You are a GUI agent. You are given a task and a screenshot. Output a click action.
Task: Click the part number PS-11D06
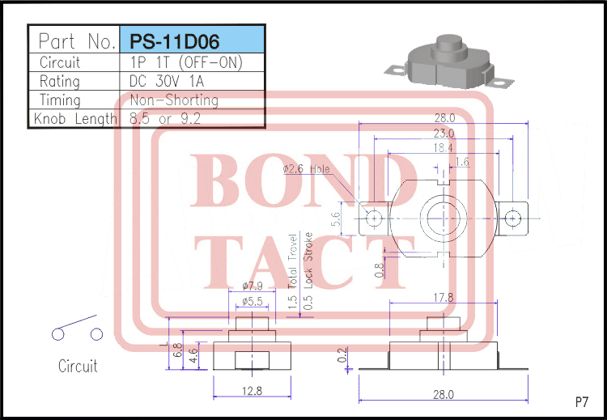171,40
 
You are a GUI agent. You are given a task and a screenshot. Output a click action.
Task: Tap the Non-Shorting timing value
174,100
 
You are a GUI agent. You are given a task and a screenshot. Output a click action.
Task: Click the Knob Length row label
75,119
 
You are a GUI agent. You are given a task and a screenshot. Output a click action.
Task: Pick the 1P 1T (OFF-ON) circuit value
186,62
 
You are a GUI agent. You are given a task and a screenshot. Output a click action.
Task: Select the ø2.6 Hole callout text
307,170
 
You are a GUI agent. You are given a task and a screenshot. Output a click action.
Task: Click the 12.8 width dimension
252,391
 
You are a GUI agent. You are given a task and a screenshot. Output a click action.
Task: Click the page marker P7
581,401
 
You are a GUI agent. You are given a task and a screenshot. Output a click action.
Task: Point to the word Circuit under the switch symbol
78,366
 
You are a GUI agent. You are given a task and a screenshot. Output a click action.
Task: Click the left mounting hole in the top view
373,218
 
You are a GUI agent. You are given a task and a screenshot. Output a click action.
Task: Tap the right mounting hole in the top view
511,218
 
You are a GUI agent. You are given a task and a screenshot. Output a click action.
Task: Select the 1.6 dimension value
461,163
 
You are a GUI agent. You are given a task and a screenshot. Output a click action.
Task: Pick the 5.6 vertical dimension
338,218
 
